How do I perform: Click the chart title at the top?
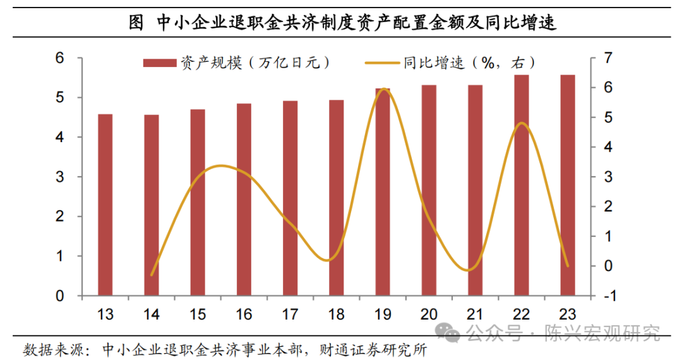pyautogui.click(x=342, y=23)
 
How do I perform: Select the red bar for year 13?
pyautogui.click(x=105, y=205)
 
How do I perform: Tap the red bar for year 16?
pyautogui.click(x=244, y=200)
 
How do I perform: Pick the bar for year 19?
pyautogui.click(x=383, y=192)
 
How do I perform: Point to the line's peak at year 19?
pyautogui.click(x=383, y=89)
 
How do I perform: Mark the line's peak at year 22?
pyautogui.click(x=521, y=123)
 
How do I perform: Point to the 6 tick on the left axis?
pyautogui.click(x=60, y=58)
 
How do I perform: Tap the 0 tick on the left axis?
pyautogui.click(x=60, y=296)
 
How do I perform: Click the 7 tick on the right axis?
pyautogui.click(x=608, y=58)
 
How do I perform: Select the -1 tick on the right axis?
pyautogui.click(x=607, y=296)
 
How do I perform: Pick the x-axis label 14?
pyautogui.click(x=152, y=314)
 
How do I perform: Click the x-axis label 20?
pyautogui.click(x=429, y=314)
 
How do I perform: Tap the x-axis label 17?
pyautogui.click(x=290, y=314)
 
